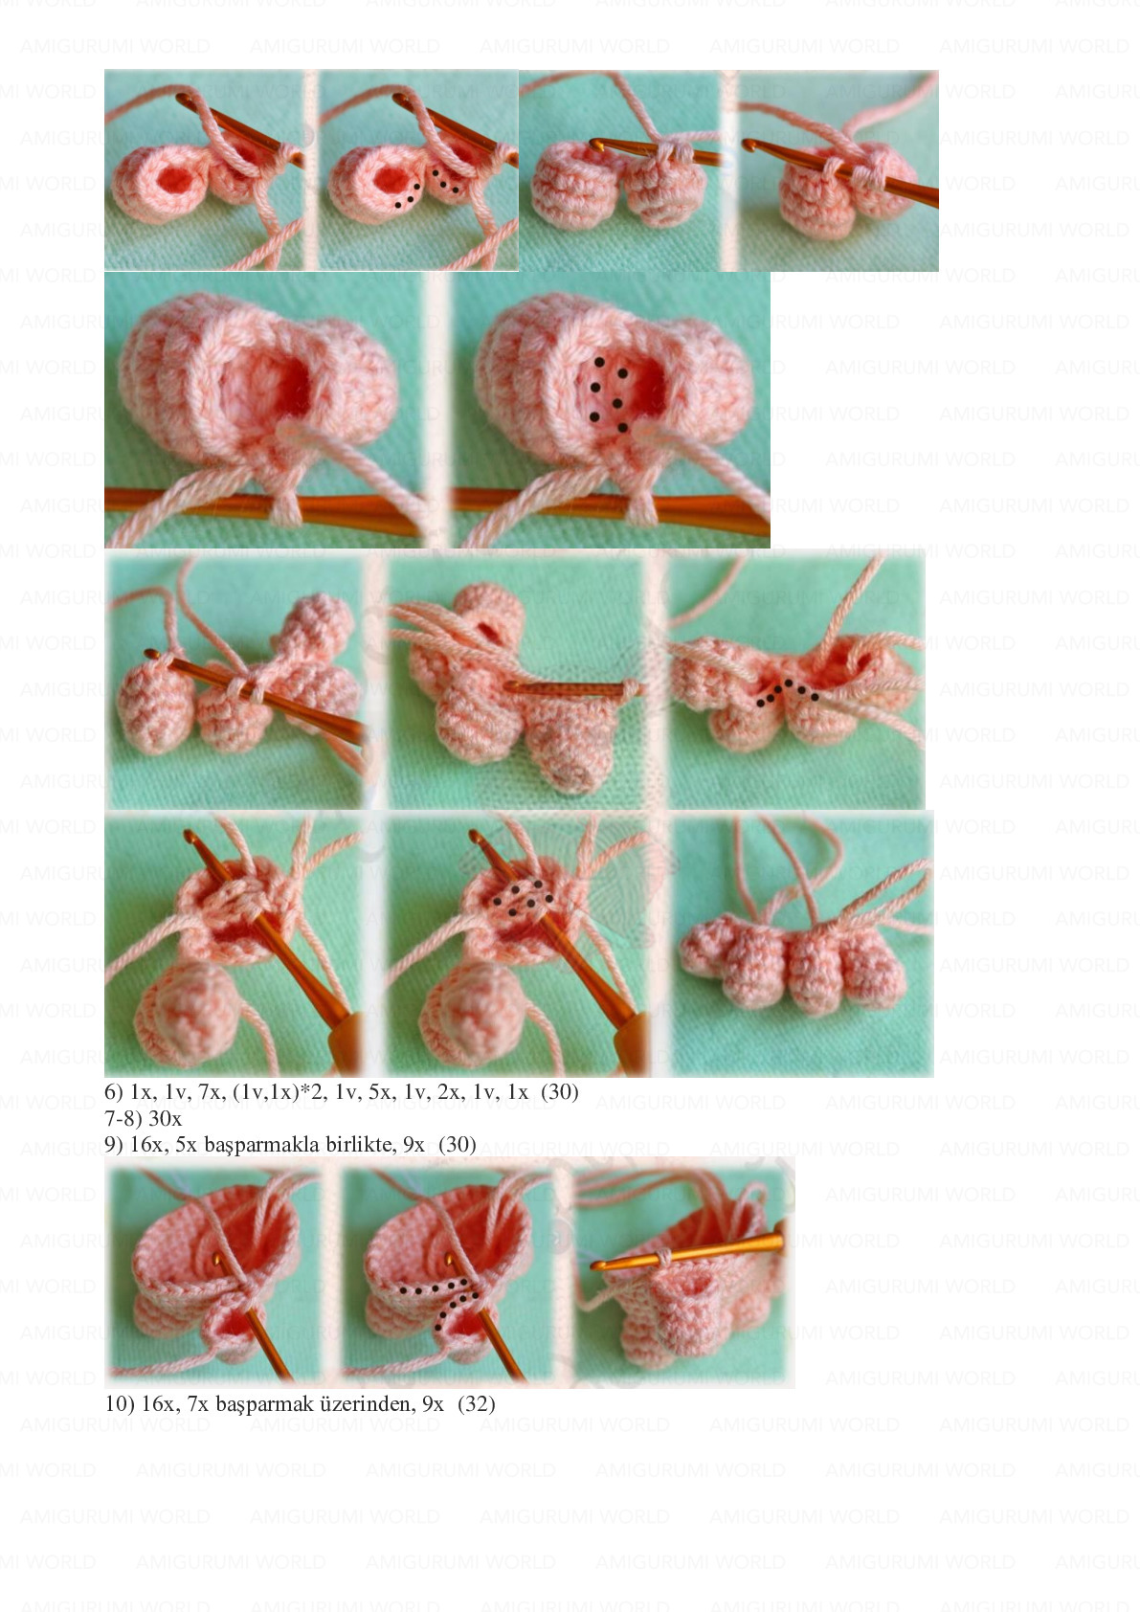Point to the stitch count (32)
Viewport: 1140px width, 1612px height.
[477, 1404]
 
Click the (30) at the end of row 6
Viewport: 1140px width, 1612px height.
[559, 1091]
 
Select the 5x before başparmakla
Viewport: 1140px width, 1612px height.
[186, 1144]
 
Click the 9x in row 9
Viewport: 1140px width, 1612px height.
[414, 1144]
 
